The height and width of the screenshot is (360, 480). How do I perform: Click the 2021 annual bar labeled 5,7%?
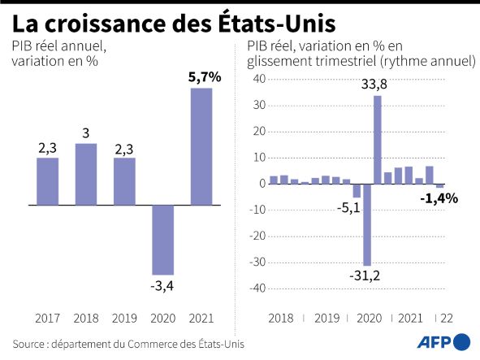click(201, 146)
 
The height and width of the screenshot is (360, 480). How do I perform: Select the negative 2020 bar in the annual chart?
click(163, 240)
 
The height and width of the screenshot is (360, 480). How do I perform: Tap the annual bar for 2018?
click(86, 175)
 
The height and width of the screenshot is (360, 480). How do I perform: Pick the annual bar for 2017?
click(47, 181)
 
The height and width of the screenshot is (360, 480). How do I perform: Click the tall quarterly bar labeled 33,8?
click(378, 140)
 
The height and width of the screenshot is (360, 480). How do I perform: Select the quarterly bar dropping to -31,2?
click(367, 224)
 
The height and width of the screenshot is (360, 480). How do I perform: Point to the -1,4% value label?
click(439, 199)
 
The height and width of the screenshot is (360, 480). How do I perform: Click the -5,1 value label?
click(348, 209)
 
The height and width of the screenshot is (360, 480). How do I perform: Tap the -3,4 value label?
click(162, 286)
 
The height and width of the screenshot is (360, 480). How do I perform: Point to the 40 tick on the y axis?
click(259, 79)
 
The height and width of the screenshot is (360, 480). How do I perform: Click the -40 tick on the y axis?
click(257, 288)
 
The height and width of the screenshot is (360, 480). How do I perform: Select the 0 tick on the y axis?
click(262, 184)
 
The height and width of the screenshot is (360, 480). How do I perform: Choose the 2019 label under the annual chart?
click(124, 319)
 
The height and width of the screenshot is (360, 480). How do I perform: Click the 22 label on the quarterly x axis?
click(447, 319)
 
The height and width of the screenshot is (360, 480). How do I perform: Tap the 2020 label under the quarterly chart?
click(370, 319)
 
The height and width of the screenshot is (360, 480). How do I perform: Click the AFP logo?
click(443, 342)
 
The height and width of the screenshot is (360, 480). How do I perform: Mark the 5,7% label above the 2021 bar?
click(205, 77)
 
